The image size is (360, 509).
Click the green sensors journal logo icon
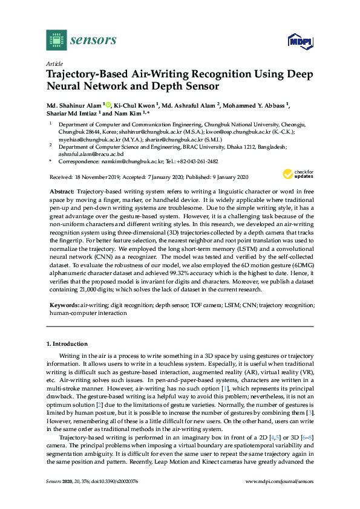tap(55, 41)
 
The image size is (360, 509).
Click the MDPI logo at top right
tap(299, 42)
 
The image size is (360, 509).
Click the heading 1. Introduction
tap(67, 343)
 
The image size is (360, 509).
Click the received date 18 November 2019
tap(99, 177)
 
